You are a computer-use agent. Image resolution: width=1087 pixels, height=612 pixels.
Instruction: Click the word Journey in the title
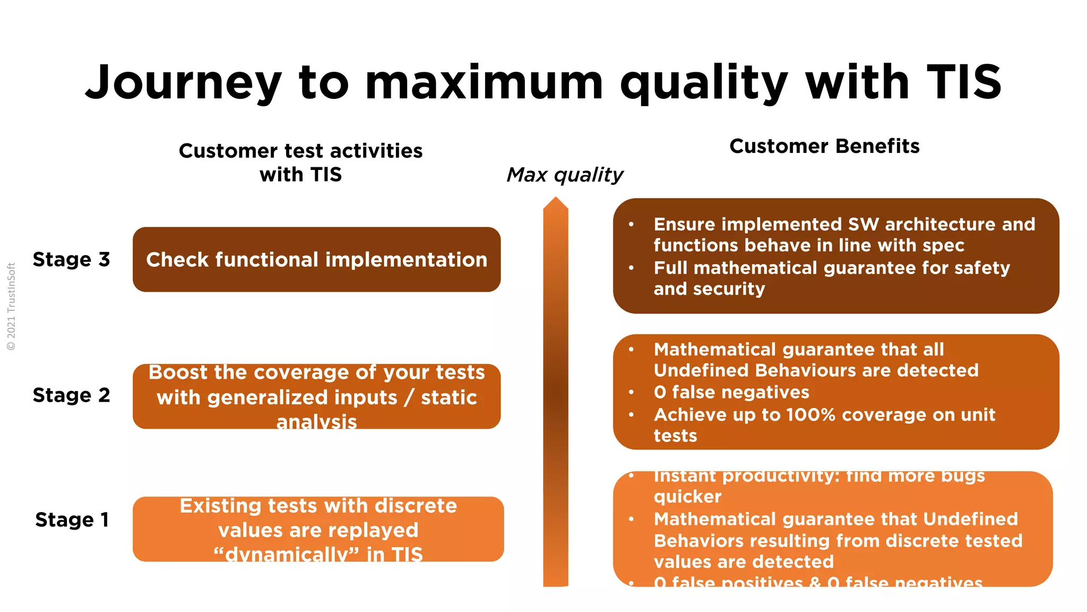coord(183,82)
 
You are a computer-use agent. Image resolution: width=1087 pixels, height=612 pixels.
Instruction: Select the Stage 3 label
coord(71,259)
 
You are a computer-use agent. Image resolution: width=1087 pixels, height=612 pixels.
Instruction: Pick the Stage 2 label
coord(71,395)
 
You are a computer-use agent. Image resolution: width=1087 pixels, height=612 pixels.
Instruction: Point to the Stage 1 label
coord(72,520)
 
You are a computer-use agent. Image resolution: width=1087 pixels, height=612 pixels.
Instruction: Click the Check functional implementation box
coord(316,260)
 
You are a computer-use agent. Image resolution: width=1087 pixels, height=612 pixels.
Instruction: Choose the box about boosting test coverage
coord(316,396)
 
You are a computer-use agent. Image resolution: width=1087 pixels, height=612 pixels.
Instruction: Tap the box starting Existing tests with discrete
coord(317,529)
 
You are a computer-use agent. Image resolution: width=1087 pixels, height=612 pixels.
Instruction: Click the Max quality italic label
coord(565,175)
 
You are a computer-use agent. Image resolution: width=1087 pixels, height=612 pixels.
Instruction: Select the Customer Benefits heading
coord(824,146)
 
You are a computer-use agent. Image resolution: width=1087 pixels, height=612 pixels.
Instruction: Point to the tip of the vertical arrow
coord(556,199)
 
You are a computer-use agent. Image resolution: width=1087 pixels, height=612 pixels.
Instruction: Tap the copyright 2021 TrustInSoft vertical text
coord(11,307)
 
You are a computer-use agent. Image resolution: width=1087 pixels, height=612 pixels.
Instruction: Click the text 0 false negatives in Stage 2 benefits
coord(731,392)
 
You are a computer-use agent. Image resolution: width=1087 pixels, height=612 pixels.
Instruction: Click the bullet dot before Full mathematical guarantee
coord(631,268)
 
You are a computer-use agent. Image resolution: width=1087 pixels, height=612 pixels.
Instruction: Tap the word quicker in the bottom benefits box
coord(687,497)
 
